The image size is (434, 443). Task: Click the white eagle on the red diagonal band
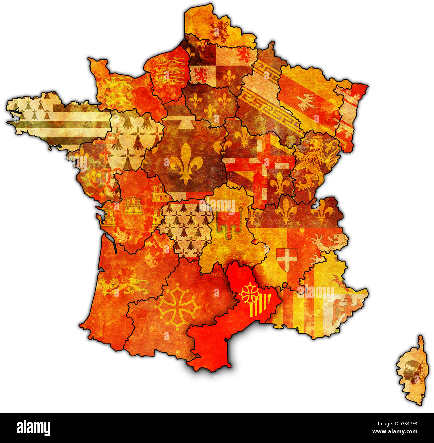306,102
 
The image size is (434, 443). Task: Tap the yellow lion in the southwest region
124,286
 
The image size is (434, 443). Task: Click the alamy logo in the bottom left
33,428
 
